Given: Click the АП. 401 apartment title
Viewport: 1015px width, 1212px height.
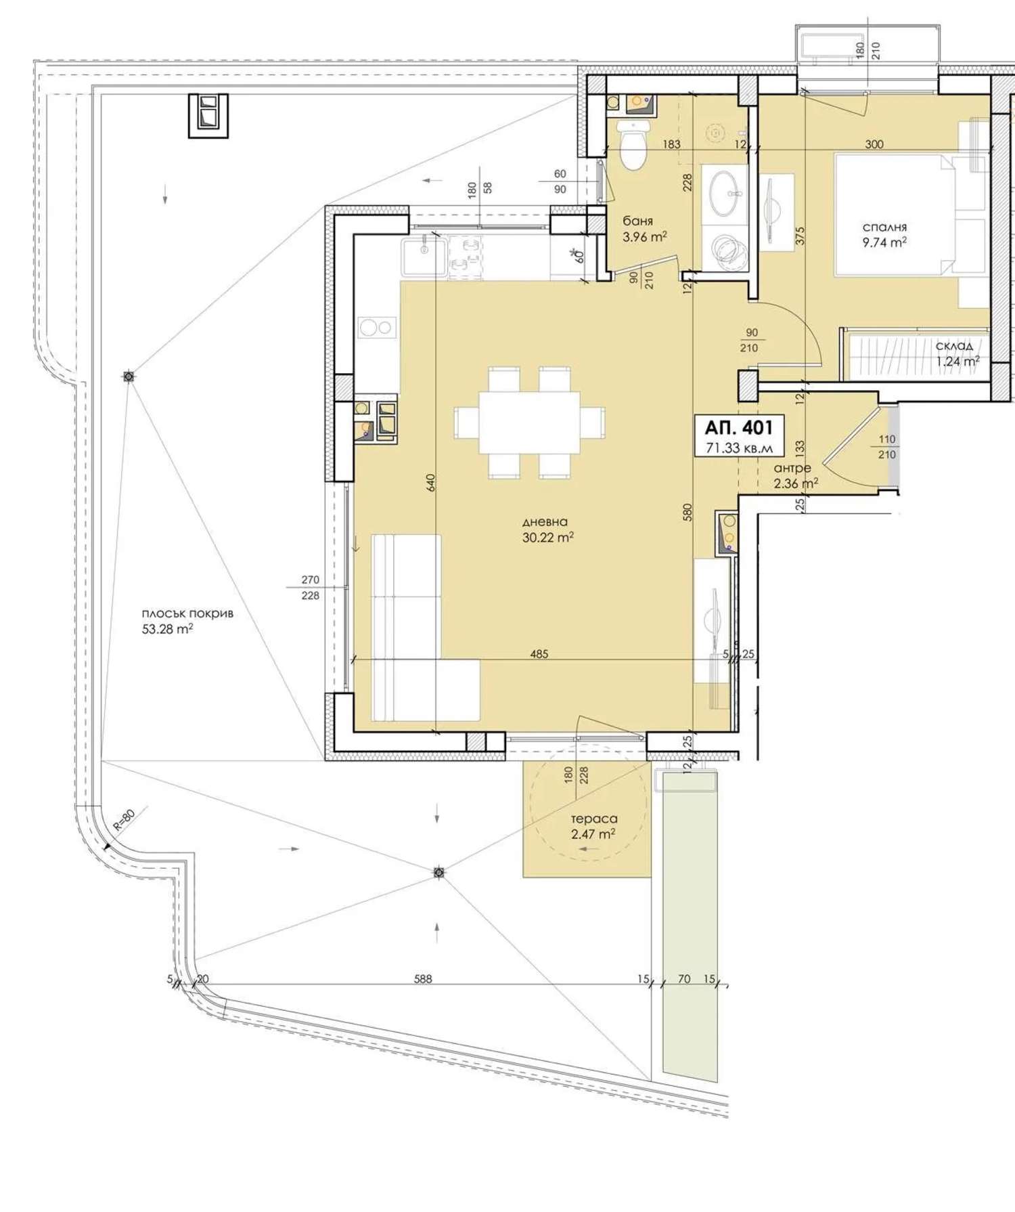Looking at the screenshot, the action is pos(738,427).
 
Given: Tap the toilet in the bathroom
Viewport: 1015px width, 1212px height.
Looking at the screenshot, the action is pos(634,145).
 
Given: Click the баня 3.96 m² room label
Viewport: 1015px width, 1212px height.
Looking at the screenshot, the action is pos(644,229).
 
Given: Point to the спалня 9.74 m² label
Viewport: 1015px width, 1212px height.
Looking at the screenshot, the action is pos(884,234).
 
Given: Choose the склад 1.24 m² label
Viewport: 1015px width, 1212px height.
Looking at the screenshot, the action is pos(957,353).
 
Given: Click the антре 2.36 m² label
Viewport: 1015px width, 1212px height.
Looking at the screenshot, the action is pos(796,475).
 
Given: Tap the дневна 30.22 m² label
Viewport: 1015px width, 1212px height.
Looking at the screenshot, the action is pos(547,529).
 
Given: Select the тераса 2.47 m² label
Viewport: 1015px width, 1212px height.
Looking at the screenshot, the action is pos(593,826).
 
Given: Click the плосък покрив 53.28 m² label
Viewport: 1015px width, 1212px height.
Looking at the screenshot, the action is pos(187,621).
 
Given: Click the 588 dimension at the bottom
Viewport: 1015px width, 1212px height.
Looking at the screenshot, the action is pos(422,979).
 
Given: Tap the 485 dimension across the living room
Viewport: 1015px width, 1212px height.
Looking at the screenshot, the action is pos(539,654).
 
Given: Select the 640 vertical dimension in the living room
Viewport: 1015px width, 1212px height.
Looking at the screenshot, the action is pos(431,482).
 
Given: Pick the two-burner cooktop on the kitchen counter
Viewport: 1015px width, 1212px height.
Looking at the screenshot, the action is pos(377,328).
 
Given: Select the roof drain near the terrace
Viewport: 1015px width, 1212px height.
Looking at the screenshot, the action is pos(439,873).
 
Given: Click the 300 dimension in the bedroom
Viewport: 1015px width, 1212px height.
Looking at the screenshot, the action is pos(874,144).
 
